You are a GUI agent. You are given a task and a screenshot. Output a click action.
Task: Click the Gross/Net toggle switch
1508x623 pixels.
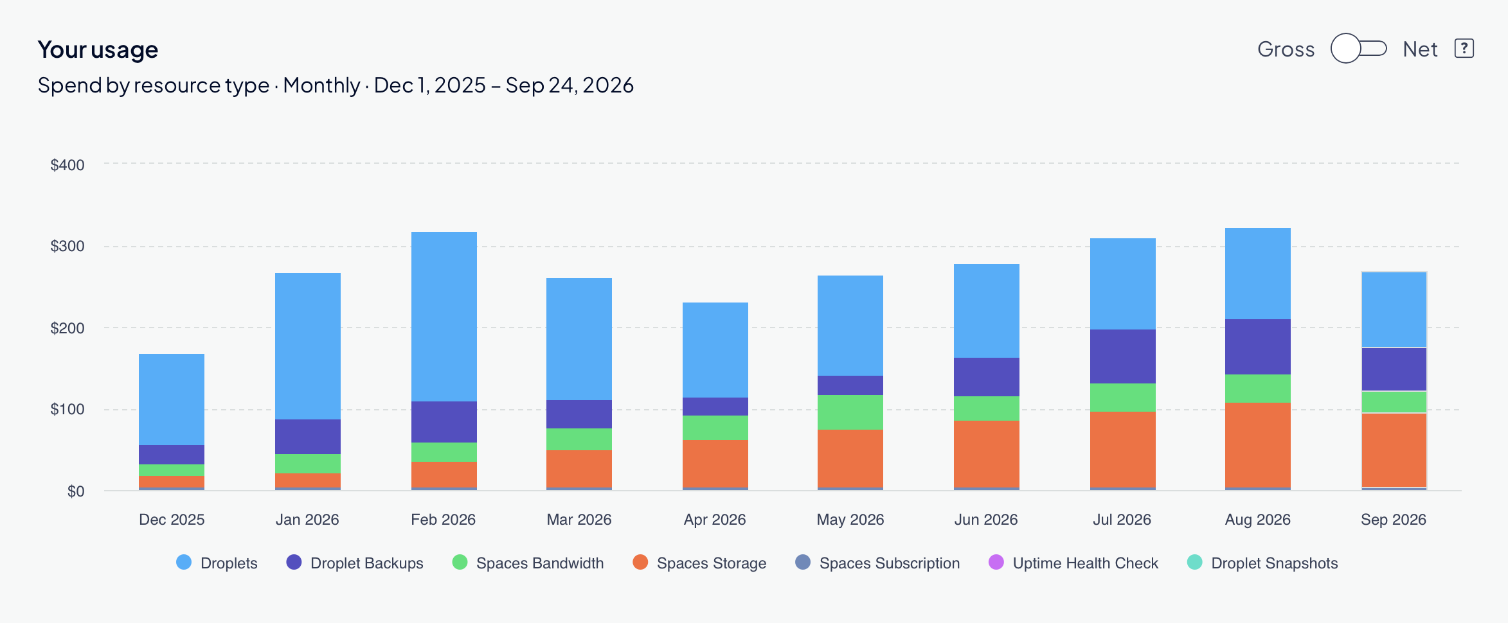point(1358,49)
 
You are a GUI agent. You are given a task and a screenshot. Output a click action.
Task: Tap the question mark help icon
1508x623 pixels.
point(1464,49)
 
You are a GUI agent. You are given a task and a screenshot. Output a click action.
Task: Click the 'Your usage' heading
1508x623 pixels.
point(98,49)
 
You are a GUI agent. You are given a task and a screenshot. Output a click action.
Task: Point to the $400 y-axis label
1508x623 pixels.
point(67,165)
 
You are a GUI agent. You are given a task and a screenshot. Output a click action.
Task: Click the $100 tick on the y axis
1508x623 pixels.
point(67,409)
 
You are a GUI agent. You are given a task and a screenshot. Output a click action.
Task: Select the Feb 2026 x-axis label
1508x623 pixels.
point(444,520)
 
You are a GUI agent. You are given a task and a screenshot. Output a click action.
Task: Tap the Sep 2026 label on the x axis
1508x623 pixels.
point(1394,520)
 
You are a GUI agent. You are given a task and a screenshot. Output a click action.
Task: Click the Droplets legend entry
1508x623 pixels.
point(217,563)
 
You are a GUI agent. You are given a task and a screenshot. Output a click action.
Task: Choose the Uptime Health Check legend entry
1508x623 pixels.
point(1073,563)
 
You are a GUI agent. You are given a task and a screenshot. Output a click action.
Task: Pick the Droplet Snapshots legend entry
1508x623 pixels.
point(1262,563)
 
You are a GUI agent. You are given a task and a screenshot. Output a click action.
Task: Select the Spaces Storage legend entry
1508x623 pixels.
point(699,563)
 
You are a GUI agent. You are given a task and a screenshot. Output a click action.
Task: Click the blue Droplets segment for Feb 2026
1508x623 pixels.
point(444,317)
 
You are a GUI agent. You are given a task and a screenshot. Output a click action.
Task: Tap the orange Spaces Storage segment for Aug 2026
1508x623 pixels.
point(1258,445)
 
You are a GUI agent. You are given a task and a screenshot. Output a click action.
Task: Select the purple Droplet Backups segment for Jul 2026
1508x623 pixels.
point(1123,356)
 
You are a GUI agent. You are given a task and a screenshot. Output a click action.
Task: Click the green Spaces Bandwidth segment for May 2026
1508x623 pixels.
point(850,412)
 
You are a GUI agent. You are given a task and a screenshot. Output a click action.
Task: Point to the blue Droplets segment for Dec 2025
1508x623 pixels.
point(172,399)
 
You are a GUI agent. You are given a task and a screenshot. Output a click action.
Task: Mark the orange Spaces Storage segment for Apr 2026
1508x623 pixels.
point(715,464)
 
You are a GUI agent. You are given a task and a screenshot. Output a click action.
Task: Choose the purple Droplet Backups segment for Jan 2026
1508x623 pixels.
point(308,437)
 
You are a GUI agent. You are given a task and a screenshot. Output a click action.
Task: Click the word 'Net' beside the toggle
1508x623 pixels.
point(1420,49)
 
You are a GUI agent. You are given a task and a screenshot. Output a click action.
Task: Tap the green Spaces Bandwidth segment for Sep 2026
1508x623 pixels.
point(1394,402)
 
